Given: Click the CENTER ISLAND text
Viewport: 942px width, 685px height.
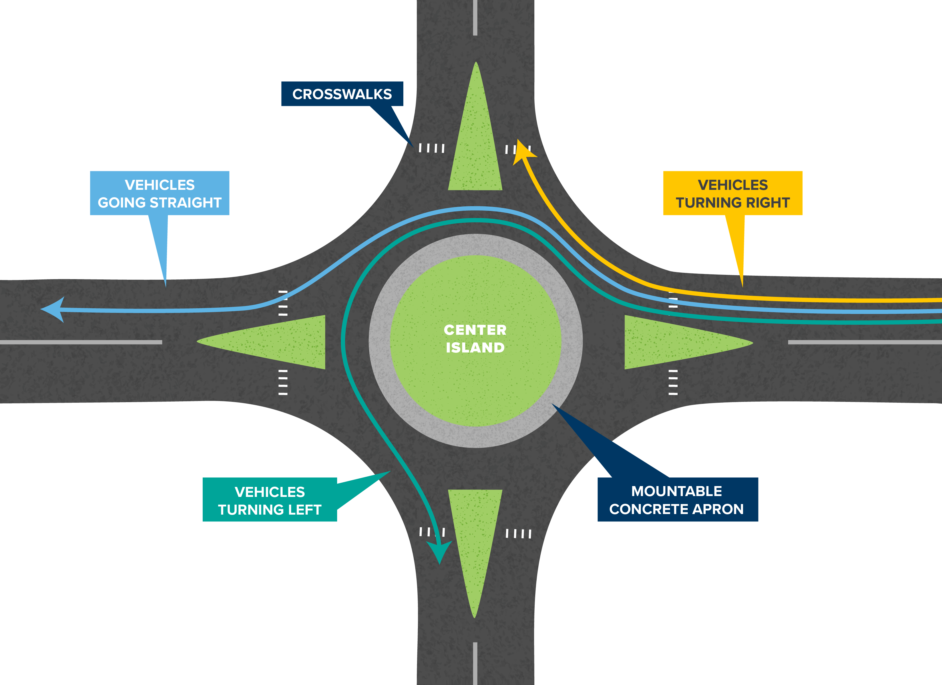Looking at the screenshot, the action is [x=475, y=339].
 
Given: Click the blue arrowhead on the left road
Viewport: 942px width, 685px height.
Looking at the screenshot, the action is [x=53, y=309].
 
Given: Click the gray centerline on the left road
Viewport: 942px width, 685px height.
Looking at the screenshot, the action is [x=81, y=342].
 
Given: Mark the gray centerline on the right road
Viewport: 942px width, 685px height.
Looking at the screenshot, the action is [x=865, y=342].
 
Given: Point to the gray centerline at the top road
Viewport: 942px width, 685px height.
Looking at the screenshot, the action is [x=475, y=17].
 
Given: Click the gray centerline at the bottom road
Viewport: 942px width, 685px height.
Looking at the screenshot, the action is [x=475, y=663].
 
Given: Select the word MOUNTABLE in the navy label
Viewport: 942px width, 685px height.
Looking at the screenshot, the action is [x=677, y=491].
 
